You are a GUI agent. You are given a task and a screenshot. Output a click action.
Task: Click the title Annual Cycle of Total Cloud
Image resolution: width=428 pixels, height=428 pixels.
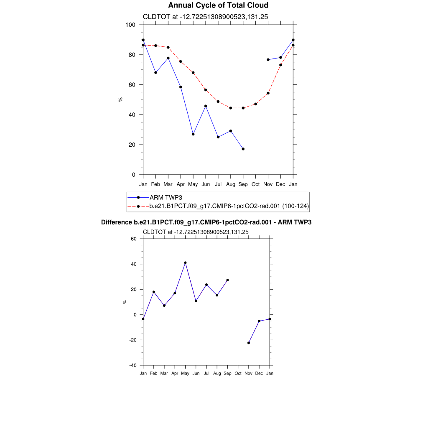(x=218, y=5)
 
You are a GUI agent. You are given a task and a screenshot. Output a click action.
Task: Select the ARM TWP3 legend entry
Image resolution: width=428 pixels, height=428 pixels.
(x=166, y=197)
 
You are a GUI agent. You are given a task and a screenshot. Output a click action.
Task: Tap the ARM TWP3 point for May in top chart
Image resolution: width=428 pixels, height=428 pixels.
(x=193, y=134)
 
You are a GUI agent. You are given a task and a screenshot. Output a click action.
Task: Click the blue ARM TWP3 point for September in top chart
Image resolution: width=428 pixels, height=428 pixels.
(x=243, y=149)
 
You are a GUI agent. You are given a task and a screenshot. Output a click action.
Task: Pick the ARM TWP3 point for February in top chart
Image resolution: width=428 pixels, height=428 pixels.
(x=155, y=72)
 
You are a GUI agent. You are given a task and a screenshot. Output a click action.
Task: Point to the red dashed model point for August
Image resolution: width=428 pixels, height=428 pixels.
(x=231, y=108)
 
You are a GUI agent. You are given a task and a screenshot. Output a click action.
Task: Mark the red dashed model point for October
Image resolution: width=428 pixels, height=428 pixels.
(x=256, y=104)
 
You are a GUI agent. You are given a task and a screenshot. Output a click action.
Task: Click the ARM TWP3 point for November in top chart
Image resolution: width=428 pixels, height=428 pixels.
(x=268, y=60)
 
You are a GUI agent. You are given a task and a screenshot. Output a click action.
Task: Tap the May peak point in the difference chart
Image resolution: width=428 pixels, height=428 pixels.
(x=185, y=263)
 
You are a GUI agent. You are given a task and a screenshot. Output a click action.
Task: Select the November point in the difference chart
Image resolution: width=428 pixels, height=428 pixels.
(x=249, y=343)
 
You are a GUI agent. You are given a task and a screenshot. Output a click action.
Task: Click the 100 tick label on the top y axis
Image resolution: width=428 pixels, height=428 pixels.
(x=130, y=25)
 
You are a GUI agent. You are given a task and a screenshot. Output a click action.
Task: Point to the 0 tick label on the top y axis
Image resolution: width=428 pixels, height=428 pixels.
(x=133, y=175)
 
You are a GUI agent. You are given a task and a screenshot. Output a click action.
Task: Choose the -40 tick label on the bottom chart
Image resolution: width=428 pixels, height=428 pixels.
(x=132, y=365)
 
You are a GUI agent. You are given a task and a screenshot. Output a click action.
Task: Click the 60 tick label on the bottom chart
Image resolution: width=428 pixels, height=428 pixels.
(x=134, y=239)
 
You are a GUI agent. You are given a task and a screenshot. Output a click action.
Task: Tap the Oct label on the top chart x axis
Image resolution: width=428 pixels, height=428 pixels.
(x=256, y=184)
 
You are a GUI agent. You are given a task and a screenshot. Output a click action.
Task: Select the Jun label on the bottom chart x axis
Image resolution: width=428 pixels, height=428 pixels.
(x=196, y=373)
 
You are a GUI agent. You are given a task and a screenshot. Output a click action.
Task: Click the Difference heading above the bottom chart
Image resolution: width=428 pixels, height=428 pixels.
(x=206, y=222)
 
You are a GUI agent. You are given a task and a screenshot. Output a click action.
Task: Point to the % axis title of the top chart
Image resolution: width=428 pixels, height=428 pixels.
(x=120, y=99)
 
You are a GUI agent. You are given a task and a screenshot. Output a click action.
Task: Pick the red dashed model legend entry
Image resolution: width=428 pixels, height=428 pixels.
(x=229, y=206)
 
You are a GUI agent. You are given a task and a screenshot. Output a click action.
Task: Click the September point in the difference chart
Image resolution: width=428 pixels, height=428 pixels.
(x=227, y=280)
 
